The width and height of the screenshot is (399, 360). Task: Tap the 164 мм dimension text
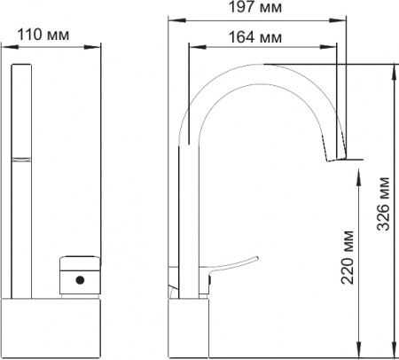260,36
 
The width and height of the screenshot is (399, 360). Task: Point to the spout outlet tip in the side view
335,158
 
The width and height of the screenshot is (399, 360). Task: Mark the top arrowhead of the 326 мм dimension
392,67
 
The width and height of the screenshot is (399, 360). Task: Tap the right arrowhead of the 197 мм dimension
342,22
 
